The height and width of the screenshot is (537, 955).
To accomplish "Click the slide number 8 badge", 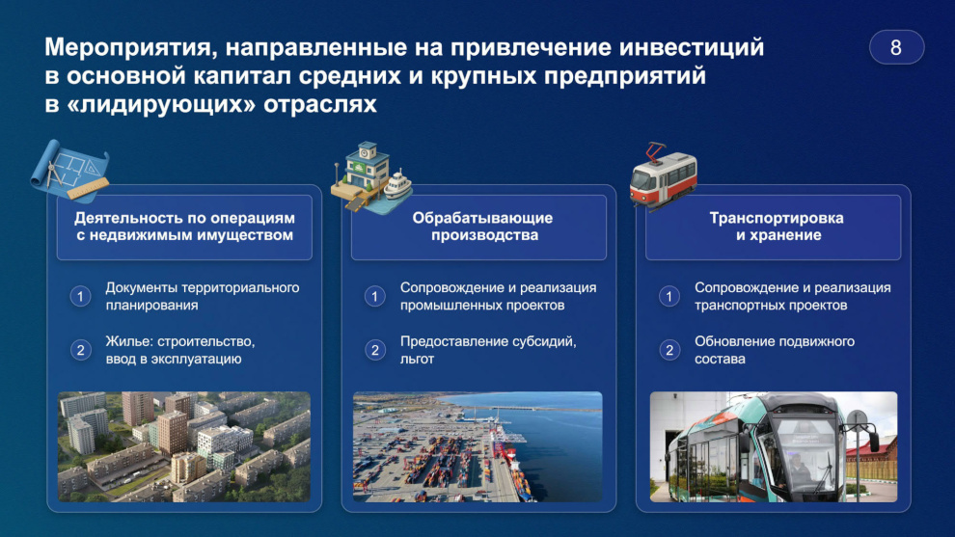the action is pyautogui.click(x=896, y=47).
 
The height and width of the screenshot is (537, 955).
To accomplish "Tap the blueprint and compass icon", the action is pyautogui.click(x=70, y=172).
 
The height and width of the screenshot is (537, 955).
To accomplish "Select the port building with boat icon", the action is pyautogui.click(x=371, y=177).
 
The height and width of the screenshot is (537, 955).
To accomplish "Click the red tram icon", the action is pyautogui.click(x=664, y=176).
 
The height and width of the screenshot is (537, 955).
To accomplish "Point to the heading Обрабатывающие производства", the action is pyautogui.click(x=482, y=227).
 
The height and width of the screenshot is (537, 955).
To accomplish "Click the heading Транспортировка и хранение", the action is pyautogui.click(x=777, y=227).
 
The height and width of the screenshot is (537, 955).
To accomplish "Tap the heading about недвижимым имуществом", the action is pyautogui.click(x=184, y=227).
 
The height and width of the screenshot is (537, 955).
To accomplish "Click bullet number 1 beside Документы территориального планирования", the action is pyautogui.click(x=80, y=297).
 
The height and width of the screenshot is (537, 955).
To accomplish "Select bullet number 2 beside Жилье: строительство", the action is pyautogui.click(x=80, y=350).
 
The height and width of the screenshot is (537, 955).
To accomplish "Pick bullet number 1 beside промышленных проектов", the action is pyautogui.click(x=375, y=297).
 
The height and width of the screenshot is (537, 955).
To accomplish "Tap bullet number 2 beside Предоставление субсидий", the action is pyautogui.click(x=375, y=350).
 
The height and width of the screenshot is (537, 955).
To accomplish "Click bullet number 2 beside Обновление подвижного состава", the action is pyautogui.click(x=669, y=350).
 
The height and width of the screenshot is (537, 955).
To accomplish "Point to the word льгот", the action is pyautogui.click(x=417, y=360).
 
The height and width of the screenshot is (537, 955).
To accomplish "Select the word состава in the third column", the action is pyautogui.click(x=720, y=360).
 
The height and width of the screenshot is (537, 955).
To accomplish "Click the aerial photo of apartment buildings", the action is pyautogui.click(x=184, y=447).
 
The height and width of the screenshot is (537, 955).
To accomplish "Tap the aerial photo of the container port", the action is pyautogui.click(x=478, y=447).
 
